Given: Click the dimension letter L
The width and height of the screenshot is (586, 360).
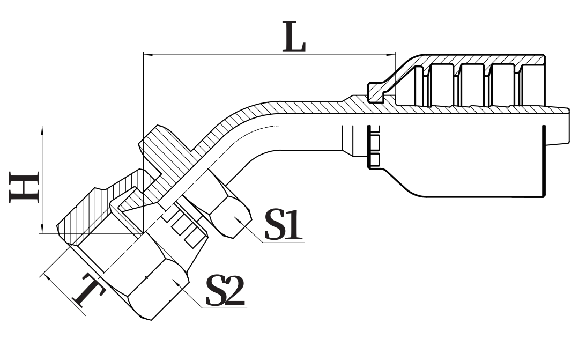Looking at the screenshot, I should [294, 38].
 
